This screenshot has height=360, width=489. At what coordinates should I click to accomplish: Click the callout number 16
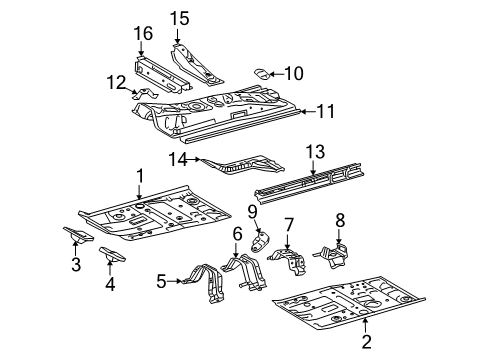click(143, 33)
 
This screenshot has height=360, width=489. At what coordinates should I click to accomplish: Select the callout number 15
click(180, 18)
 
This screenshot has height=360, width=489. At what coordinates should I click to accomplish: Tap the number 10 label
click(294, 73)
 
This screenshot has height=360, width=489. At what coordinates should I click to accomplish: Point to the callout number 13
click(315, 152)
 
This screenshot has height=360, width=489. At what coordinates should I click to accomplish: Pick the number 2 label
click(366, 342)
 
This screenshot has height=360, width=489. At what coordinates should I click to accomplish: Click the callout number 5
click(161, 282)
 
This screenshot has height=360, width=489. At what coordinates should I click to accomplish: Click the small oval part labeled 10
click(263, 74)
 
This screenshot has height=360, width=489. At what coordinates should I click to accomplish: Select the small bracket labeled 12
click(144, 94)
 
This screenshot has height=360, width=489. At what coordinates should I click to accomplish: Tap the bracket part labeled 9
click(260, 241)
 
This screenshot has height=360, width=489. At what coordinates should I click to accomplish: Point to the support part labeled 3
click(78, 234)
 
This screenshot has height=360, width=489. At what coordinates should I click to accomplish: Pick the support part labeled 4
click(112, 254)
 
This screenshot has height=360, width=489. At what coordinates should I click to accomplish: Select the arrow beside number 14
click(193, 160)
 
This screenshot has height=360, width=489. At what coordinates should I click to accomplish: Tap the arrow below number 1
click(139, 192)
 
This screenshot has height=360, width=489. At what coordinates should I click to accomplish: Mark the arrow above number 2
click(366, 326)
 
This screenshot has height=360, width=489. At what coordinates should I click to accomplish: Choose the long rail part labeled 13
click(309, 183)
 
